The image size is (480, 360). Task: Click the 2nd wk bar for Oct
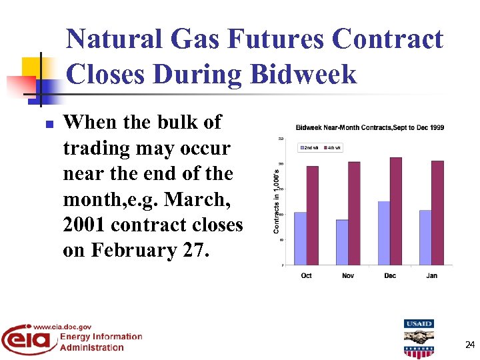(300, 238)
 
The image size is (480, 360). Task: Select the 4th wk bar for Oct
(312, 215)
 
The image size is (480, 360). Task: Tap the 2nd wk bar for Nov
(342, 242)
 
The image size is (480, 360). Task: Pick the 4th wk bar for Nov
(354, 213)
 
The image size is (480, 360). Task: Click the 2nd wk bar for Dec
(383, 233)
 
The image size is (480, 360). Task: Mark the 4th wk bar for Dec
(395, 211)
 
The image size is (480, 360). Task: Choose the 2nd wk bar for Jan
(425, 237)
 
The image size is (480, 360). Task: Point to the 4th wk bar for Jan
(437, 213)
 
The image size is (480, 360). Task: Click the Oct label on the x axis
(306, 275)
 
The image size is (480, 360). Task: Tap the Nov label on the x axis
(348, 275)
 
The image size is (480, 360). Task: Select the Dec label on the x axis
(390, 275)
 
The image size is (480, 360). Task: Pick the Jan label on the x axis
(431, 275)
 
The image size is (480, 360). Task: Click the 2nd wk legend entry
(310, 147)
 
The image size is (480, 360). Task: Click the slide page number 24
(469, 345)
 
